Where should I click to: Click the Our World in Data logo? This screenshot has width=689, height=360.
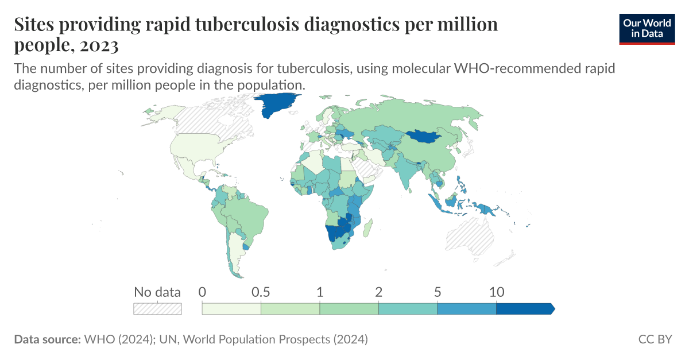(x=647, y=28)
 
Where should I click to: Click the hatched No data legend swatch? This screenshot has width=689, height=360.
(x=157, y=309)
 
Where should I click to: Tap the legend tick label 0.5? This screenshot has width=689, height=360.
(x=261, y=292)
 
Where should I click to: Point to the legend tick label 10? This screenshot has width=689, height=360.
(x=496, y=292)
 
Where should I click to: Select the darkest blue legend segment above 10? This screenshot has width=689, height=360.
(x=524, y=309)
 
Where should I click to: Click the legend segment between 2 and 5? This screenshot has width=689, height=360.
(x=408, y=309)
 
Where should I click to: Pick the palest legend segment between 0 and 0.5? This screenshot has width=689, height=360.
(x=231, y=309)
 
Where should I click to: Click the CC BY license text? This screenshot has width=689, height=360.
(x=655, y=339)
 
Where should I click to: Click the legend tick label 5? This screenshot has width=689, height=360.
(x=438, y=292)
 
